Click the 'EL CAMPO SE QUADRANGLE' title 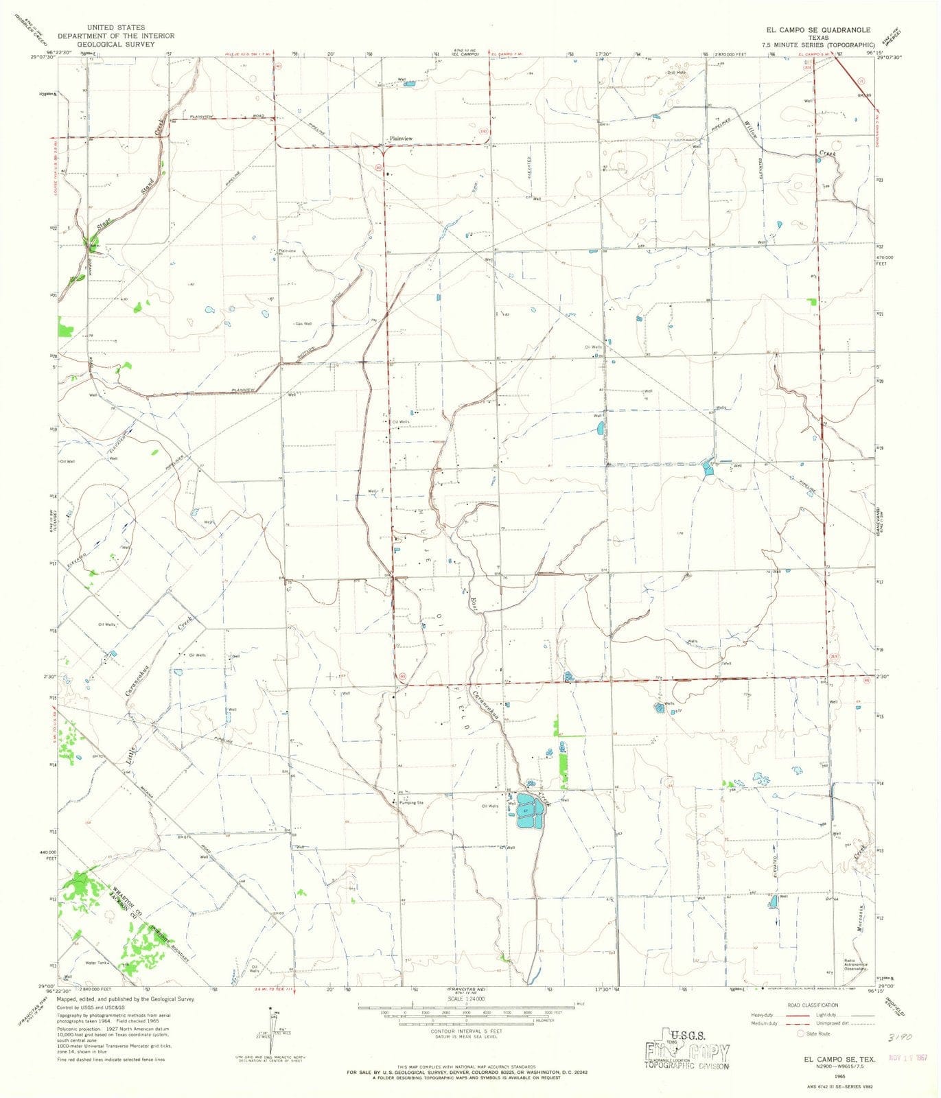point(809,30)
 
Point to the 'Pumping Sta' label point(409,802)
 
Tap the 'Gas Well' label point(303,324)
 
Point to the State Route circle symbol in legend point(800,1033)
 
